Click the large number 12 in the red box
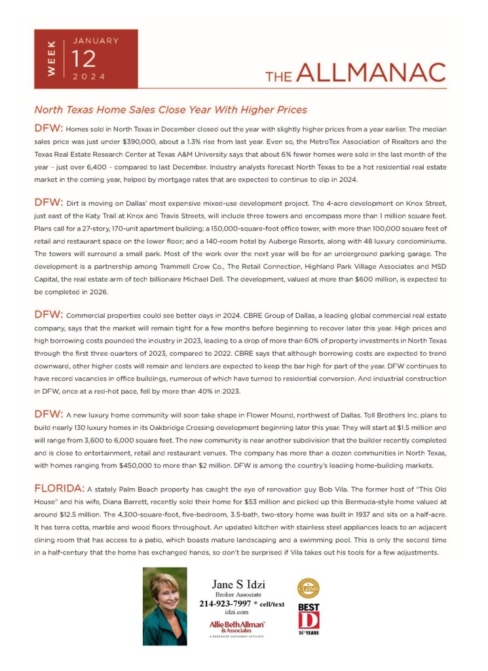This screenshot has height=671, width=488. (x=84, y=59)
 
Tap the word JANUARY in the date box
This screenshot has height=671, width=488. (x=96, y=41)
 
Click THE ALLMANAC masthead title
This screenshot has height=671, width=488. (x=355, y=73)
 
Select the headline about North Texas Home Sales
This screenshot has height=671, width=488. (x=170, y=109)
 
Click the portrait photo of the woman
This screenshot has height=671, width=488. (x=164, y=605)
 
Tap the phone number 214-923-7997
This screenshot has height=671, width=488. (x=229, y=604)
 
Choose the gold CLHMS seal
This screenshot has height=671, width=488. (x=308, y=588)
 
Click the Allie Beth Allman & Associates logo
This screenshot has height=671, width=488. (x=237, y=628)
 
